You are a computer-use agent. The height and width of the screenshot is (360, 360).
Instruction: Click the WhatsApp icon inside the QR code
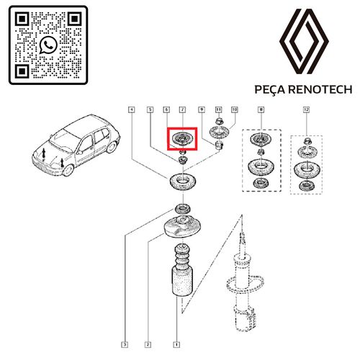(48, 45)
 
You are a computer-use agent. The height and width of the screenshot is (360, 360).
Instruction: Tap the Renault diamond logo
(304, 41)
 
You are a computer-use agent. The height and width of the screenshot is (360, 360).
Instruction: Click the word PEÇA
(269, 90)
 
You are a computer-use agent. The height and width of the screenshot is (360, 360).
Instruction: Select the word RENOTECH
(320, 89)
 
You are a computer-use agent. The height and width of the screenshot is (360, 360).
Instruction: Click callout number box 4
(132, 109)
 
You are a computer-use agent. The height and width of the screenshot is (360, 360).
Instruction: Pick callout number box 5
(150, 109)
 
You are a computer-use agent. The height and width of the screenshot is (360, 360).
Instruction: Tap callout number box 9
(202, 109)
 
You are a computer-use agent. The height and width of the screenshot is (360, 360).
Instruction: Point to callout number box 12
(306, 109)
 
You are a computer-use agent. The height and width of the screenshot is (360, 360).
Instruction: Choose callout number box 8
(261, 109)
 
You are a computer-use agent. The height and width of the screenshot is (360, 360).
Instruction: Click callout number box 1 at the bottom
(176, 345)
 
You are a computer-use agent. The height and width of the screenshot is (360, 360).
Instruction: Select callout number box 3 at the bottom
(125, 345)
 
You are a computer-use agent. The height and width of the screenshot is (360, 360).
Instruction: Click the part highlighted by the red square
(182, 139)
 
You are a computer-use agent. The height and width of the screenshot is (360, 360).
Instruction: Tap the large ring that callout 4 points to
(183, 182)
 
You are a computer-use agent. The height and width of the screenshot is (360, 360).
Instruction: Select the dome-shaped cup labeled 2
(182, 226)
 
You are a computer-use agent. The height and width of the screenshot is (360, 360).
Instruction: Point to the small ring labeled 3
(183, 208)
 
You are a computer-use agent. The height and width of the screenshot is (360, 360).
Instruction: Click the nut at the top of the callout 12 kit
(307, 141)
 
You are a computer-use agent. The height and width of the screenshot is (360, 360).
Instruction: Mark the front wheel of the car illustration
(68, 170)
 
